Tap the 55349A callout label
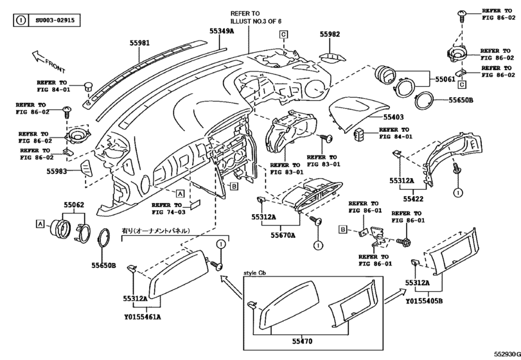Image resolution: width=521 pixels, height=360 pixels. point(222,30)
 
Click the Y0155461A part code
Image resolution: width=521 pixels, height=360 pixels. point(141,316)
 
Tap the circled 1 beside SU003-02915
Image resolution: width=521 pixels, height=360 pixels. point(21,20)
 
